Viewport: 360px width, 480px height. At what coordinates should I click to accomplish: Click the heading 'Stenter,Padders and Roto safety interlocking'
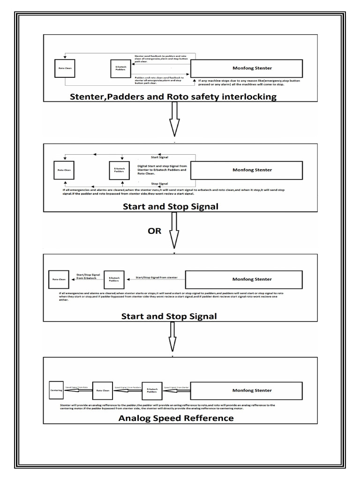pos(173,97)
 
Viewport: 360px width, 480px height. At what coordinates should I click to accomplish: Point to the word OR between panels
pos(154,230)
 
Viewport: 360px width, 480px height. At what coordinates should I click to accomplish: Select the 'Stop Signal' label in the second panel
pos(160,183)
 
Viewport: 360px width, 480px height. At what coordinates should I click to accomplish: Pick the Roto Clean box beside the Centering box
pos(103,390)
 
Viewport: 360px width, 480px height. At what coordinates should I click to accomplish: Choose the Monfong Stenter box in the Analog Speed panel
pos(252,390)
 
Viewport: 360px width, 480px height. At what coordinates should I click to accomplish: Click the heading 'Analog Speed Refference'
pos(176,418)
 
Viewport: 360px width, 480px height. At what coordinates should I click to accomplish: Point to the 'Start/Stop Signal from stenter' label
pos(156,277)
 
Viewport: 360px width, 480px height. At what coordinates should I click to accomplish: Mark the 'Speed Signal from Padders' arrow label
pos(127,387)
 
